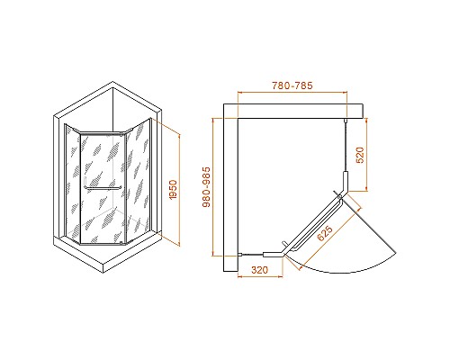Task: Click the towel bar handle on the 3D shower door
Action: pyautogui.click(x=103, y=189)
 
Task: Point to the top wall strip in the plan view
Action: pyautogui.click(x=297, y=109)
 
